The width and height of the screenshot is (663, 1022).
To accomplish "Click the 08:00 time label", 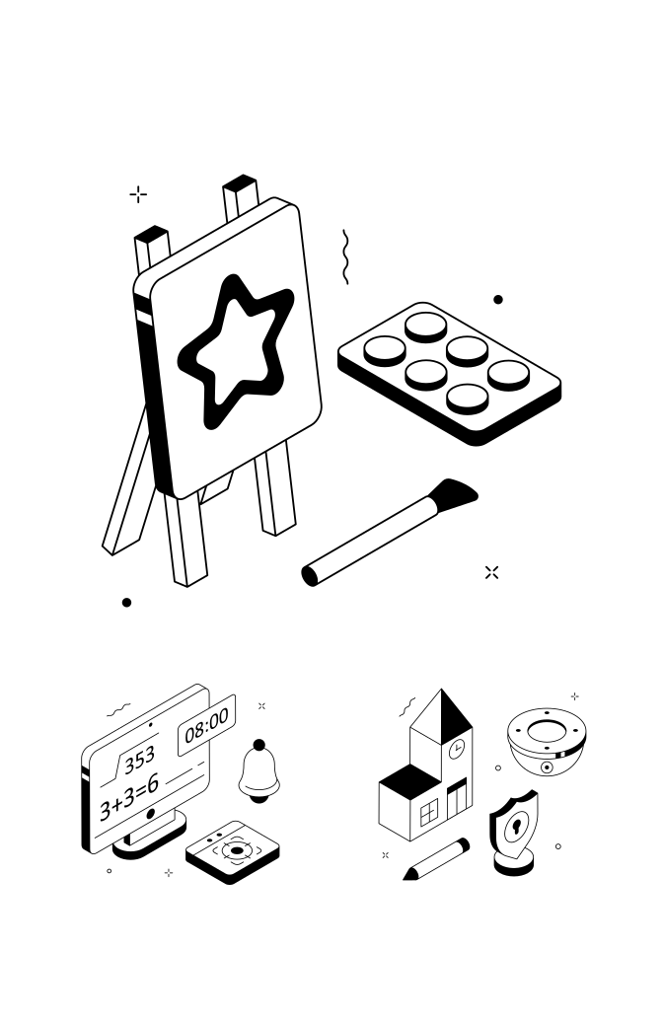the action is coord(206,724).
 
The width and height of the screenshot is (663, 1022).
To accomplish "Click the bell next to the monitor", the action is coord(258,771).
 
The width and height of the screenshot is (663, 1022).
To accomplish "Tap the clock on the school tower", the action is coord(458,750).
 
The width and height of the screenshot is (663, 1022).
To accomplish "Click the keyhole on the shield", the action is coord(516,826).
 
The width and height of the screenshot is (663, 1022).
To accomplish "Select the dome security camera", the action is coord(547,741).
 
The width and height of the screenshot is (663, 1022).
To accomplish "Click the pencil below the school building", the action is coord(435,859).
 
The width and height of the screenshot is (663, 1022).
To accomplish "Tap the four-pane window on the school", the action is coord(429,814).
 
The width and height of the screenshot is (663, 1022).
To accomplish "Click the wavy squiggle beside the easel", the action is coord(346,256).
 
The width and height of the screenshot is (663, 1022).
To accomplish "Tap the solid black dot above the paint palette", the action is coord(498,300).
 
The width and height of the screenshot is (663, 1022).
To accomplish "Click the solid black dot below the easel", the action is coord(126,602).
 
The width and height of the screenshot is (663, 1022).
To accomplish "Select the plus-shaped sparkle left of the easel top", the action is coord(138,194).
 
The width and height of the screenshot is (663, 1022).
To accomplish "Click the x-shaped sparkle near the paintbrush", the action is coord(491,572).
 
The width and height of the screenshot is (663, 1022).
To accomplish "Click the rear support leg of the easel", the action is coord(128,482).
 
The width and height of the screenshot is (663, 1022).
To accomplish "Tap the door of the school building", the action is coord(457,798).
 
